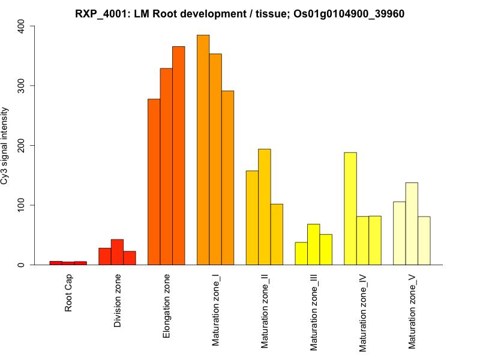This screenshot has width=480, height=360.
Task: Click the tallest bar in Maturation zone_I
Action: pyautogui.click(x=203, y=150)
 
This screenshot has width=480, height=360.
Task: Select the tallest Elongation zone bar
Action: pyautogui.click(x=179, y=155)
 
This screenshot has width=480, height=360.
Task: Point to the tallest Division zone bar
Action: pyautogui.click(x=117, y=252)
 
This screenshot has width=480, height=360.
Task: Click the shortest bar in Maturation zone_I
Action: pyautogui.click(x=227, y=178)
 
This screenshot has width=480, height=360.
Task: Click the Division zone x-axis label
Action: pyautogui.click(x=118, y=301)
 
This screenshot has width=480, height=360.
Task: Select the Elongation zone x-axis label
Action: pyautogui.click(x=166, y=305)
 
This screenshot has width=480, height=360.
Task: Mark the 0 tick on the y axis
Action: pyautogui.click(x=22, y=265)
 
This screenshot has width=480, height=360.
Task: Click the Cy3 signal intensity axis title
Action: pyautogui.click(x=6, y=145)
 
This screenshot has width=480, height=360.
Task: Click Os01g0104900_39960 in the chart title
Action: pyautogui.click(x=338, y=14)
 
